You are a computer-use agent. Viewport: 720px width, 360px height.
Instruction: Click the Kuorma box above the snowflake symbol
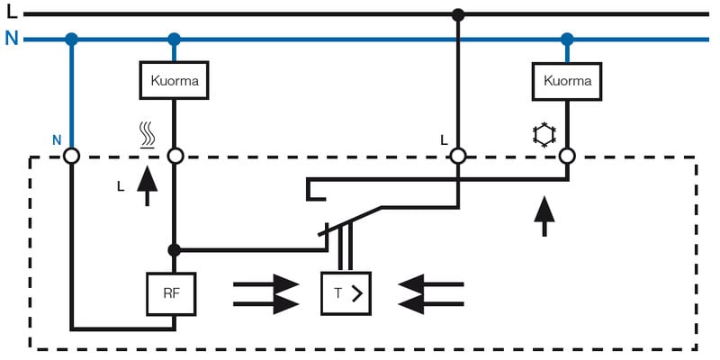tap(568, 81)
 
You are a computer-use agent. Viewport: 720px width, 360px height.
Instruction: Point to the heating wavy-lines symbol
tap(147, 136)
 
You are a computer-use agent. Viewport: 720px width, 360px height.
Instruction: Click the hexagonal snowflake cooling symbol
tap(544, 136)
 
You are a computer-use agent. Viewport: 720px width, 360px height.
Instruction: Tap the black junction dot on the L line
tap(458, 14)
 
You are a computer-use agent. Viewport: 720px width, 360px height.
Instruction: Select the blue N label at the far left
tap(11, 39)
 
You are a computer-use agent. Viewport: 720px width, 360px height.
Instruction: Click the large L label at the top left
tap(11, 13)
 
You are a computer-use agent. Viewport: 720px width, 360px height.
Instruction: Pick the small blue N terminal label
tap(56, 140)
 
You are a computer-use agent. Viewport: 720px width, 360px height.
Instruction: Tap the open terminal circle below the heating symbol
tap(175, 157)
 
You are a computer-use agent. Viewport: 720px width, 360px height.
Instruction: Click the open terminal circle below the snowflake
tap(567, 157)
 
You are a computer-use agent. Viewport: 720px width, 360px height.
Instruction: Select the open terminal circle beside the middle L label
tap(458, 157)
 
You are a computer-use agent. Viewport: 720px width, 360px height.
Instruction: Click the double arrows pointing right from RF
tap(265, 293)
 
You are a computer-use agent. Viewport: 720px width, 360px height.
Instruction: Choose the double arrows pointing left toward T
tap(430, 293)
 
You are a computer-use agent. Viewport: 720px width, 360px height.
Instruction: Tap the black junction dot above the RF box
tap(175, 249)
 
